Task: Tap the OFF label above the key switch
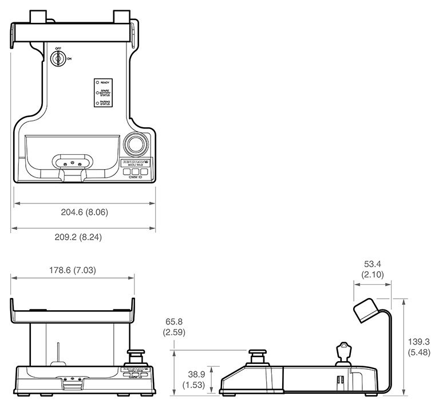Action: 58,48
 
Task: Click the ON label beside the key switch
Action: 69,58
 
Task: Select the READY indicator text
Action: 105,83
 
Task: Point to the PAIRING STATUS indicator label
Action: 105,103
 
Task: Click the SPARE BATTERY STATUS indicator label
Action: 105,93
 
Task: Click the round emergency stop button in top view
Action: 135,144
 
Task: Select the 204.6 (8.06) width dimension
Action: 85,212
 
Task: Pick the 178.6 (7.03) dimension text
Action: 72,269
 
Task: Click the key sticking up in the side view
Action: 343,350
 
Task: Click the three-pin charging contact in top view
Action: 72,163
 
